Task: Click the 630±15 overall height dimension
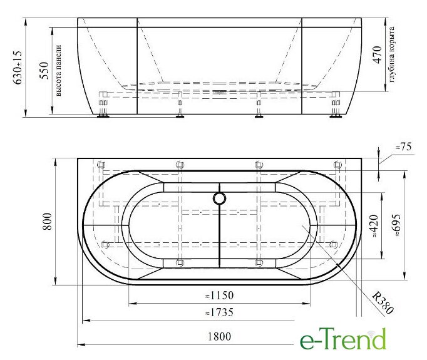pyautogui.click(x=18, y=68)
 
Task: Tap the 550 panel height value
pyautogui.click(x=44, y=71)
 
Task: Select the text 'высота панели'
pyautogui.click(x=59, y=70)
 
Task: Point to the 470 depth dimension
pyautogui.click(x=378, y=54)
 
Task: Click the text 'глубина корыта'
pyautogui.click(x=391, y=54)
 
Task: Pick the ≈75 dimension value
pyautogui.click(x=404, y=147)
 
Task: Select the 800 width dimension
pyautogui.click(x=47, y=221)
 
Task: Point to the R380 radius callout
pyautogui.click(x=383, y=302)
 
